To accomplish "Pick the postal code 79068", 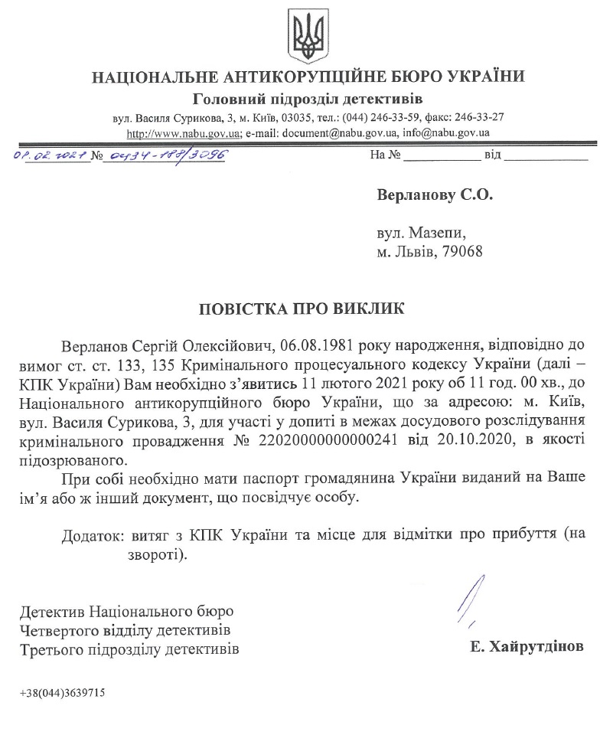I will coord(460,250).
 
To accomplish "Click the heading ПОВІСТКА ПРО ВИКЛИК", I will coord(300,309).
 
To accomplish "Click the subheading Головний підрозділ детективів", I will coord(308,100).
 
